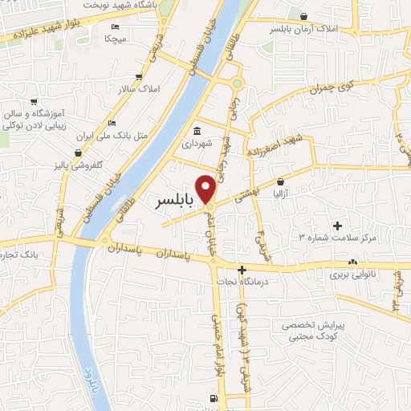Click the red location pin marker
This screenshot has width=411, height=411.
click(x=206, y=188)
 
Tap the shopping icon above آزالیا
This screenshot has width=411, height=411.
click(x=281, y=182)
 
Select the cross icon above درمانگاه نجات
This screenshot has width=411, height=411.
click(x=241, y=268)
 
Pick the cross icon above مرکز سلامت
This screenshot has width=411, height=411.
click(x=337, y=226)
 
